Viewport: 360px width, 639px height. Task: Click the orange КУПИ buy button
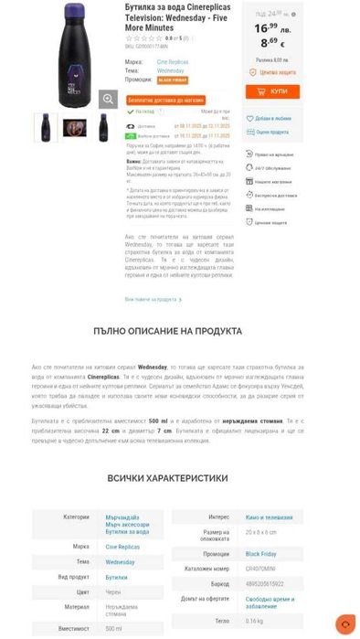point(272,91)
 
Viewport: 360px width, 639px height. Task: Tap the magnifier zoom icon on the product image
point(108,99)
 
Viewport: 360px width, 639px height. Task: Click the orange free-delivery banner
point(165,100)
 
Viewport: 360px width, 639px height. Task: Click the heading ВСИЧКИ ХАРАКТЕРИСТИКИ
point(179,477)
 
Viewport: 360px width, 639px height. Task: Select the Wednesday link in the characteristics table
point(122,562)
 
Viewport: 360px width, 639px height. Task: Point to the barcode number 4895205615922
point(266,582)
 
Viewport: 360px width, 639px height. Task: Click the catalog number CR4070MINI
point(261,569)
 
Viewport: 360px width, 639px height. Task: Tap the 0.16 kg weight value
point(254,621)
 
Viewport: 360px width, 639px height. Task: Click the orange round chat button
point(345,624)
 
